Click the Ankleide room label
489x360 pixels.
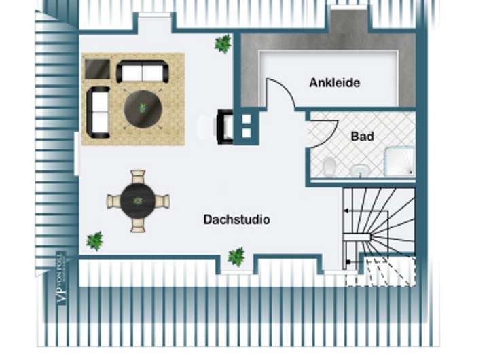click(334, 83)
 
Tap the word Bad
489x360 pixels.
click(362, 137)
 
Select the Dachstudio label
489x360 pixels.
click(236, 220)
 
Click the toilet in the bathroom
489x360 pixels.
click(329, 165)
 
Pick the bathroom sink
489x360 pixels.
click(359, 169)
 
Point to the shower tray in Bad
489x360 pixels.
click(399, 161)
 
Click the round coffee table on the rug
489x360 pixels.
click(143, 108)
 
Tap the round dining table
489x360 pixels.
click(138, 201)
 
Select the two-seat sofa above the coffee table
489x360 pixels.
click(143, 72)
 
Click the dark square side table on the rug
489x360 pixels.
click(97, 69)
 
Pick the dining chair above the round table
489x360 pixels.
click(138, 178)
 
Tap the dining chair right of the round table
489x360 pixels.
click(162, 201)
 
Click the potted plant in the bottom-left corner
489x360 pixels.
click(94, 240)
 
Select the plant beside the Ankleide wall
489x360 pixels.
click(223, 44)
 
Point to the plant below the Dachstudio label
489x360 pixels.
click(236, 256)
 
